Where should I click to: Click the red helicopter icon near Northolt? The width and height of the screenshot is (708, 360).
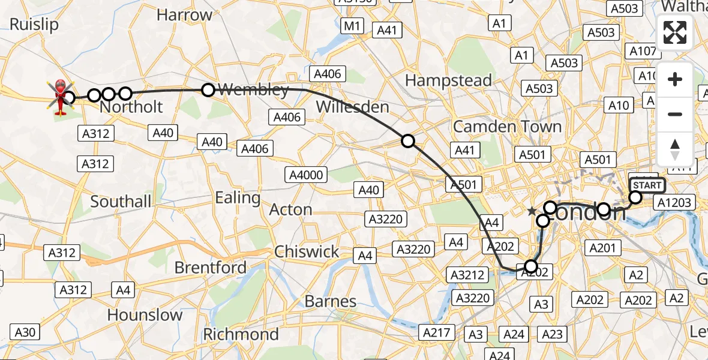point(60,96)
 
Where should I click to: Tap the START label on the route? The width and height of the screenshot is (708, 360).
point(647,185)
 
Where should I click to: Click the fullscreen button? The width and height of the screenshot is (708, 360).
point(675,32)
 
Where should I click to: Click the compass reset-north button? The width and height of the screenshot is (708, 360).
point(675,149)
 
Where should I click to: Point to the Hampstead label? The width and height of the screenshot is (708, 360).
point(448,80)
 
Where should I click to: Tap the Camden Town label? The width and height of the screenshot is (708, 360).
point(507,127)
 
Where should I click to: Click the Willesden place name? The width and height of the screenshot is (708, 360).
point(352,107)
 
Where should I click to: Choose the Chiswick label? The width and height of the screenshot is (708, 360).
point(307,251)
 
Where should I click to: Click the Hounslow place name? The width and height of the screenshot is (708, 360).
point(145,315)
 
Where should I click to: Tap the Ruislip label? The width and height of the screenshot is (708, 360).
point(35,25)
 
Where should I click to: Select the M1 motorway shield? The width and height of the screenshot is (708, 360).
point(352,26)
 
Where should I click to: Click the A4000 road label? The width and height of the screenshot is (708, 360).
point(306,175)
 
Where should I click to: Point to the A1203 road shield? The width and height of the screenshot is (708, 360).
point(674,202)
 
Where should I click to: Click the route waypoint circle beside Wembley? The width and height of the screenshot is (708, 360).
point(208,90)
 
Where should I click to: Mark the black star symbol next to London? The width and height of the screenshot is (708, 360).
point(532,211)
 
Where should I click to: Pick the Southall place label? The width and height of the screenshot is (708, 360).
point(121,201)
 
